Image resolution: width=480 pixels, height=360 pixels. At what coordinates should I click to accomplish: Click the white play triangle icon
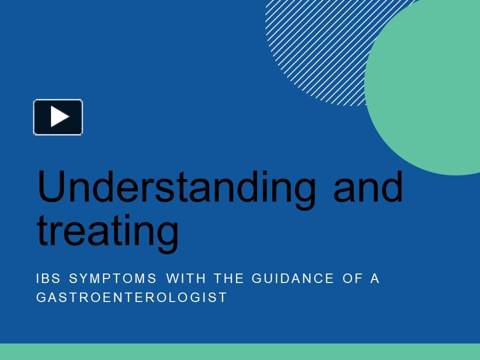59,117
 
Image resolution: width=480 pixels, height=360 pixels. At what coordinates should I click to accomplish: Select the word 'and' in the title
368,186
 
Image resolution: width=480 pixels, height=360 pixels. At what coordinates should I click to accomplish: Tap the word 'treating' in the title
107,231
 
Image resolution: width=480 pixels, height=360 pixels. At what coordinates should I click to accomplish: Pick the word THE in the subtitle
228,278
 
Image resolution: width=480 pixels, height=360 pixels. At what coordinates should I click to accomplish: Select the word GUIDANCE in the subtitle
292,278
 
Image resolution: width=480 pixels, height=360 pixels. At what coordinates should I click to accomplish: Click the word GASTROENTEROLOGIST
132,297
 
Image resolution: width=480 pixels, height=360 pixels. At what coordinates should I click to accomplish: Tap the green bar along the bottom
240,351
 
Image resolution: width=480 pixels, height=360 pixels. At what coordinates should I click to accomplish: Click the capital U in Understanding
52,186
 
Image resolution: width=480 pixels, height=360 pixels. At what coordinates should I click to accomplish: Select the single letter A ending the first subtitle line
375,278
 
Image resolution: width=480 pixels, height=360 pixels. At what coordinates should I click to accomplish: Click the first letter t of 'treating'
42,230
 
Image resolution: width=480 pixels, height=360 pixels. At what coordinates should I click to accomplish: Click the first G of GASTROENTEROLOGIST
41,297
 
